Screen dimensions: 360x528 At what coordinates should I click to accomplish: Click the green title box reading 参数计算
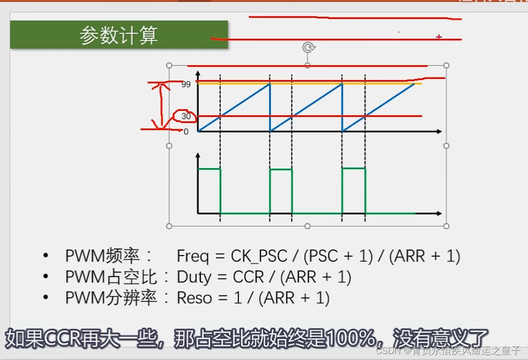coord(119,35)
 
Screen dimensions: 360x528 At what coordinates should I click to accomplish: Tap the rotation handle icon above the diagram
coord(308,47)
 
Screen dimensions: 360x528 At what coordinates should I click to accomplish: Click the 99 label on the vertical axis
coord(186,85)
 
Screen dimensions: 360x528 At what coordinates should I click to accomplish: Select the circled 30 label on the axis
coord(186,116)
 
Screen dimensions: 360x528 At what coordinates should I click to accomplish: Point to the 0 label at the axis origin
coord(186,132)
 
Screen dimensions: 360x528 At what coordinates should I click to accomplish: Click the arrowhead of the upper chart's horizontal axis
coord(439,132)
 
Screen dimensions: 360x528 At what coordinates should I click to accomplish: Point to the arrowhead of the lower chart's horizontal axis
coord(439,213)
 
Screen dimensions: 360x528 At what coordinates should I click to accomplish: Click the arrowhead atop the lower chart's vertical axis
coord(198,155)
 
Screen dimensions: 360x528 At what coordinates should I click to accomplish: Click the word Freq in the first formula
coord(193,256)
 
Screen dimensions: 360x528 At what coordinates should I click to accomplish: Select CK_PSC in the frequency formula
coord(259,256)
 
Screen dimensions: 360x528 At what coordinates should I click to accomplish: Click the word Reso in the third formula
coord(194,298)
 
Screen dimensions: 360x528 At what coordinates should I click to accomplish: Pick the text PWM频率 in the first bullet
coord(102,256)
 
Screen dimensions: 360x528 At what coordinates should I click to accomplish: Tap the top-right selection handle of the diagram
coord(446,66)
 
